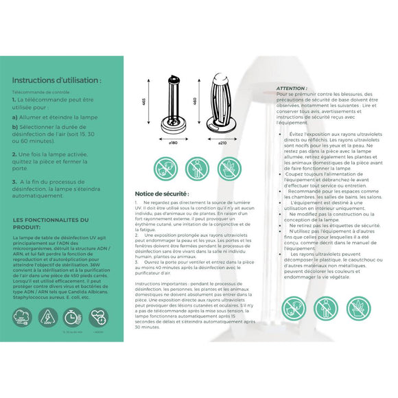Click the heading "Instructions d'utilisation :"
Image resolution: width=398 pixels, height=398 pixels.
click(x=56, y=80)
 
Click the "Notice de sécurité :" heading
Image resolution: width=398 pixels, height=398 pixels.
click(x=165, y=194)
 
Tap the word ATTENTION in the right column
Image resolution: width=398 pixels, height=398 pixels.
click(x=292, y=89)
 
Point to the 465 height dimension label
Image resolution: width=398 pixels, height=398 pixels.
click(x=144, y=101)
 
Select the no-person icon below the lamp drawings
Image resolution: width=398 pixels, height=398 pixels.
click(x=197, y=169)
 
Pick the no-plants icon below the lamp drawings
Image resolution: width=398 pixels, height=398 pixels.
click(x=229, y=169)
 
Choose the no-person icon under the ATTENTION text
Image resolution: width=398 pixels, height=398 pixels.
click(x=326, y=308)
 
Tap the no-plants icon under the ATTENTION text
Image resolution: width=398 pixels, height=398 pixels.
click(x=358, y=308)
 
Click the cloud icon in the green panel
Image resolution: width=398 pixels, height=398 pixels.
click(x=22, y=316)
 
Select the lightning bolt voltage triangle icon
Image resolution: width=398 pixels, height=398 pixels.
click(x=47, y=316)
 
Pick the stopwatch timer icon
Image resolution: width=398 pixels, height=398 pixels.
click(x=72, y=316)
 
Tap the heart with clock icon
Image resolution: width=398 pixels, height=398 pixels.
click(x=98, y=316)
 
